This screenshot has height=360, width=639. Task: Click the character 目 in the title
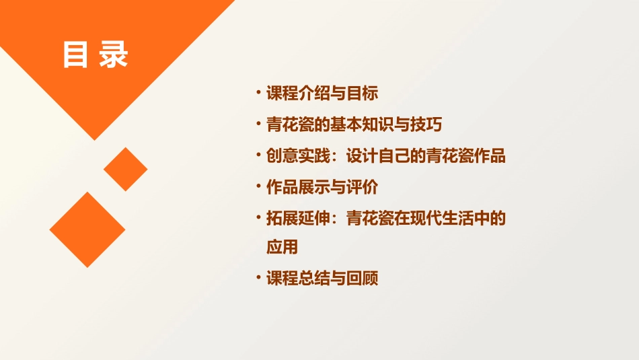75,56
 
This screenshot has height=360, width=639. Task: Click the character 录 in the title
114,56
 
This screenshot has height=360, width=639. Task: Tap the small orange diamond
125,169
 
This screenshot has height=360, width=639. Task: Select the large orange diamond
87,229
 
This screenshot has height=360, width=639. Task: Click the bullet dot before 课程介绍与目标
259,92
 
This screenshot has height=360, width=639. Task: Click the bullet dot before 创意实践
259,155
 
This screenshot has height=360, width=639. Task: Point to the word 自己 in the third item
394,157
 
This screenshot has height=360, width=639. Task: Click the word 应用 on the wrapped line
282,248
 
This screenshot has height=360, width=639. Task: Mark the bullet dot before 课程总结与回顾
259,277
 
